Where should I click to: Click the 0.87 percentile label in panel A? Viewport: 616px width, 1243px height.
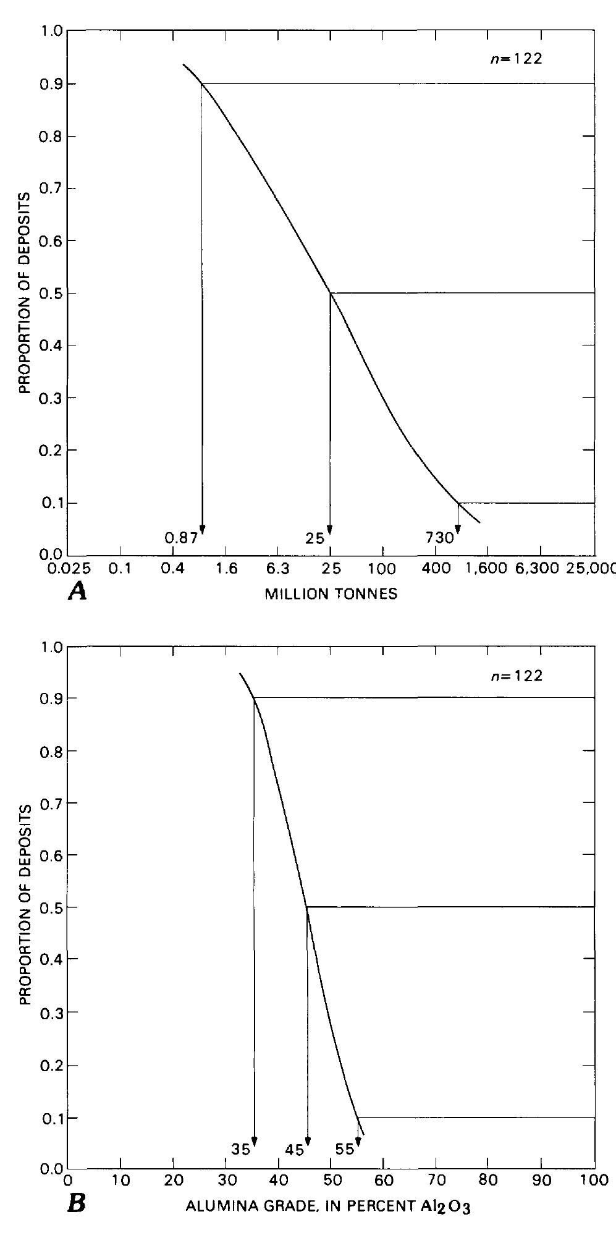(x=181, y=538)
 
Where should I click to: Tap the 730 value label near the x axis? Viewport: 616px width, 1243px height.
(x=439, y=538)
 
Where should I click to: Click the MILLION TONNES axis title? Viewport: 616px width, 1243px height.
(x=331, y=595)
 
